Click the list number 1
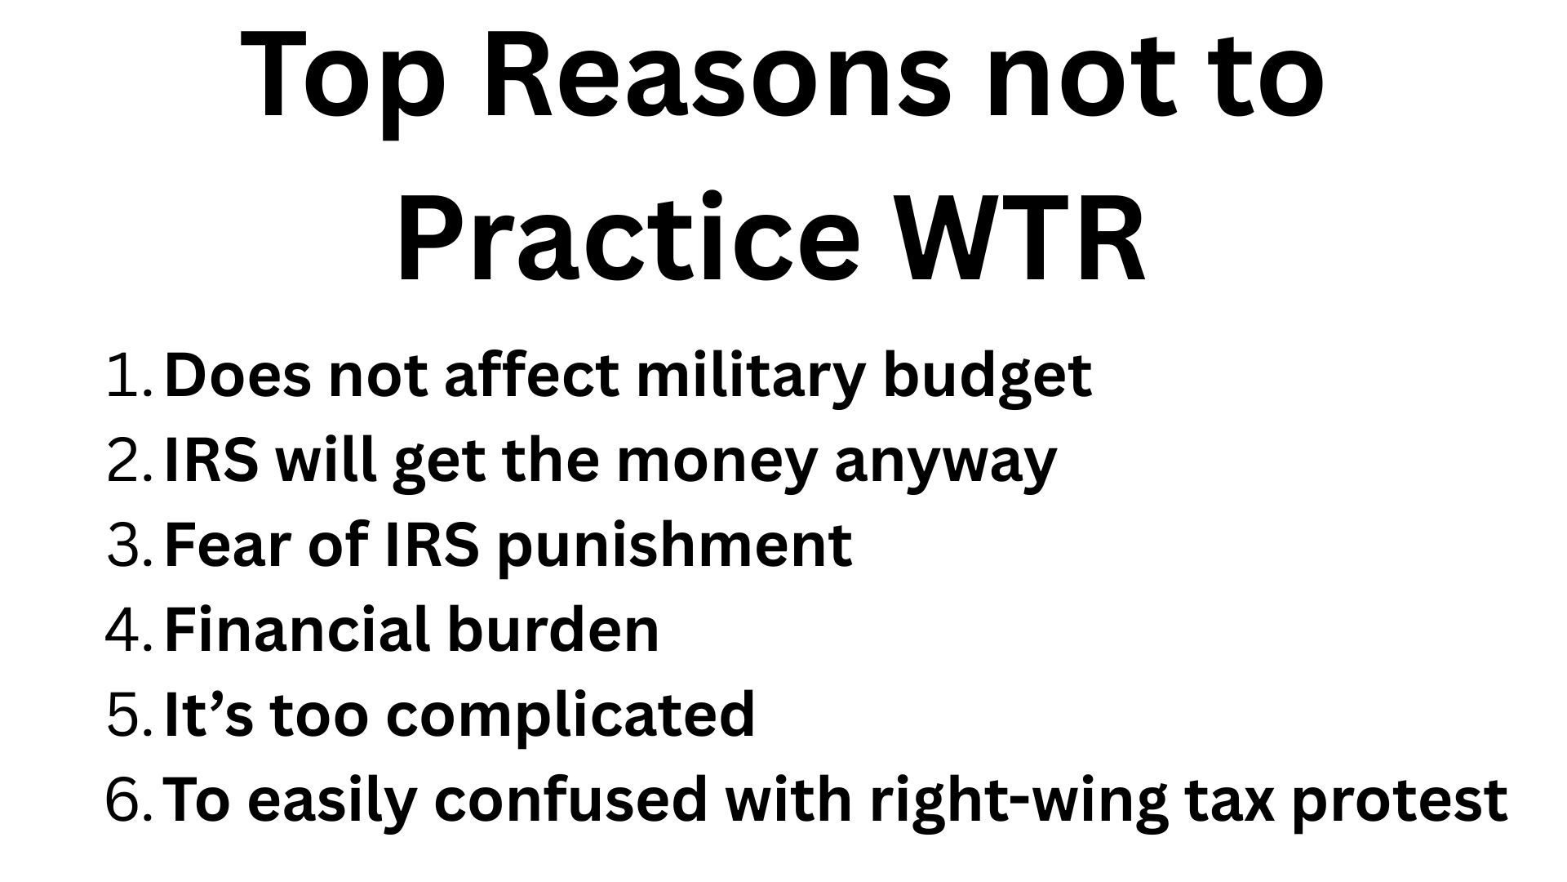tap(129, 376)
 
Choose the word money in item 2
tap(716, 461)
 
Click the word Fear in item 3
tap(228, 546)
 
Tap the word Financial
tap(298, 630)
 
